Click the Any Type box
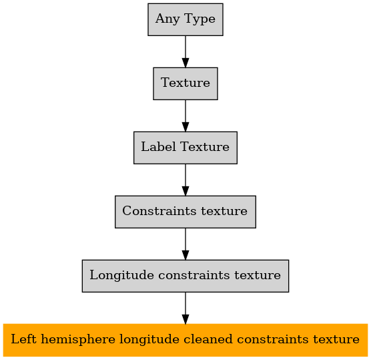[185, 19]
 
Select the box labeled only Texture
[185, 83]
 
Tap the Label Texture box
[185, 148]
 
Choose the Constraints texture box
[185, 212]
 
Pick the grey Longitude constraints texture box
[185, 276]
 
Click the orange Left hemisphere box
[185, 340]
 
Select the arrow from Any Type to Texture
[185, 51]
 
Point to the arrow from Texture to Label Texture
[185, 116]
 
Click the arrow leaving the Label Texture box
[185, 180]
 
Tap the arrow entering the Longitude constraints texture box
[185, 244]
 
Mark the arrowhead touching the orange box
[185, 319]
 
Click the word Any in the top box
[167, 19]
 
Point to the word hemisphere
[78, 339]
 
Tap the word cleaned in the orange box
[208, 339]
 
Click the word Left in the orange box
[23, 339]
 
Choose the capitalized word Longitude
[121, 275]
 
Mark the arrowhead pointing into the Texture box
[185, 63]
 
